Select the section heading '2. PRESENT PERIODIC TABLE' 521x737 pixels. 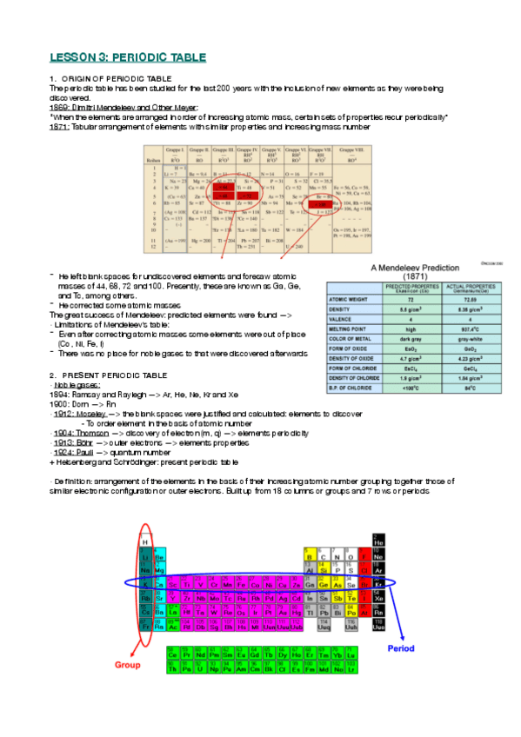(109, 375)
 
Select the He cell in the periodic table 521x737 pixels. (377, 541)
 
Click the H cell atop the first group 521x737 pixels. (145, 541)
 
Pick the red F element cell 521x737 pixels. (365, 554)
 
